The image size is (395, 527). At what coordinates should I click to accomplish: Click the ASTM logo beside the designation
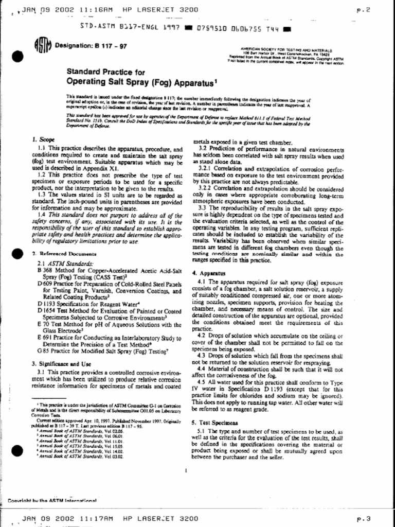[x=43, y=46]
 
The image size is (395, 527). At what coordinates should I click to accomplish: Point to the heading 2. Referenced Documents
[x=64, y=254]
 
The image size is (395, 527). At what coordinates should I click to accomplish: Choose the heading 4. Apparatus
[x=206, y=273]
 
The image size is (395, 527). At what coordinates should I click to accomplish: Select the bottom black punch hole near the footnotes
[x=18, y=451]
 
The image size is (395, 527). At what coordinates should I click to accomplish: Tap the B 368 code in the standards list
[x=44, y=270]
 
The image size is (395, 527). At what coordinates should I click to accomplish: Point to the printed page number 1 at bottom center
[x=184, y=470]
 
